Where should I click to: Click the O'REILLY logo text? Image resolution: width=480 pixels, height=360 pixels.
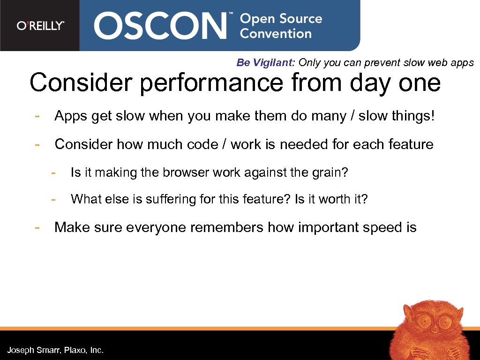point(40,26)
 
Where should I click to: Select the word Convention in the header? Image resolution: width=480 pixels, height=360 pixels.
point(276,34)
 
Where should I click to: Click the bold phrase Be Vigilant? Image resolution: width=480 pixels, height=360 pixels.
point(265,63)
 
